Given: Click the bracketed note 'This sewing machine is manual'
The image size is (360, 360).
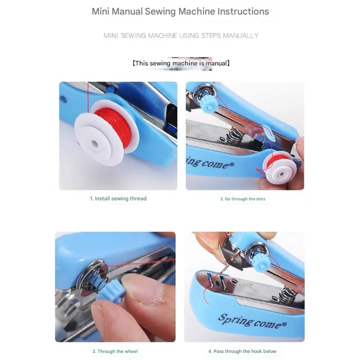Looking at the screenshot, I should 181,63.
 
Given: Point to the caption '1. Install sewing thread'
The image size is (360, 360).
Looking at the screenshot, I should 118,198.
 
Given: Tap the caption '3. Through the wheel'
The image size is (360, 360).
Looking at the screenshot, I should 115,351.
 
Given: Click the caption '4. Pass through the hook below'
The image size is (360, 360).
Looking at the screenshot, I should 243,351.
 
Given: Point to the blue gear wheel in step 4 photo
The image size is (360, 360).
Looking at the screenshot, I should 261,262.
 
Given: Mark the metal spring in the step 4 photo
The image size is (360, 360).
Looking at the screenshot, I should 287,295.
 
